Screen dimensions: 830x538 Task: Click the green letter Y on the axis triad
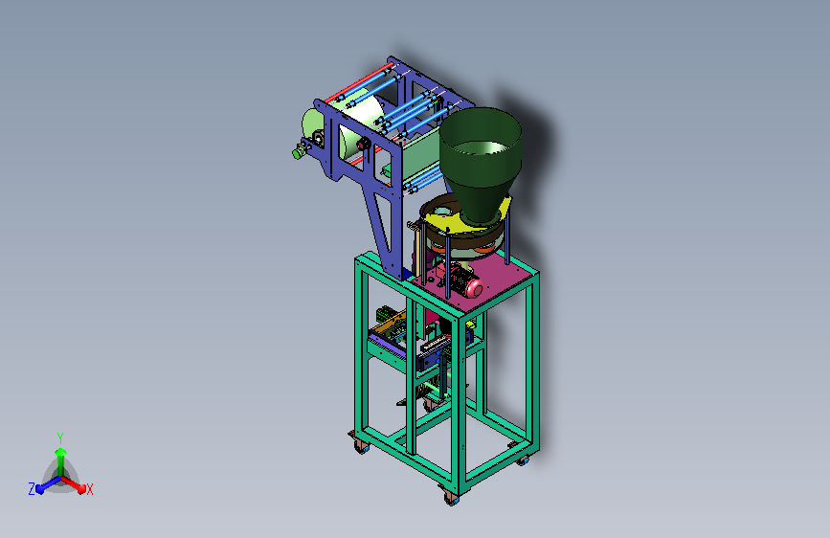point(60,437)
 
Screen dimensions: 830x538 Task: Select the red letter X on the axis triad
point(89,489)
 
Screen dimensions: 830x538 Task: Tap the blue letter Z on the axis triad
point(32,489)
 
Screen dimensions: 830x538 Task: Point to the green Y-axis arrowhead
point(61,452)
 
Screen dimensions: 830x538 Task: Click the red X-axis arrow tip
point(81,489)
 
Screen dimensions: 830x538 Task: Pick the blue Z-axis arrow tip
point(40,489)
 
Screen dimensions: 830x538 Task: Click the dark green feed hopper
point(481,163)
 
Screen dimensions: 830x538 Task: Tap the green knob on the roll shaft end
point(298,153)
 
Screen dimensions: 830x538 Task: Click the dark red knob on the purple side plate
point(363,144)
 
